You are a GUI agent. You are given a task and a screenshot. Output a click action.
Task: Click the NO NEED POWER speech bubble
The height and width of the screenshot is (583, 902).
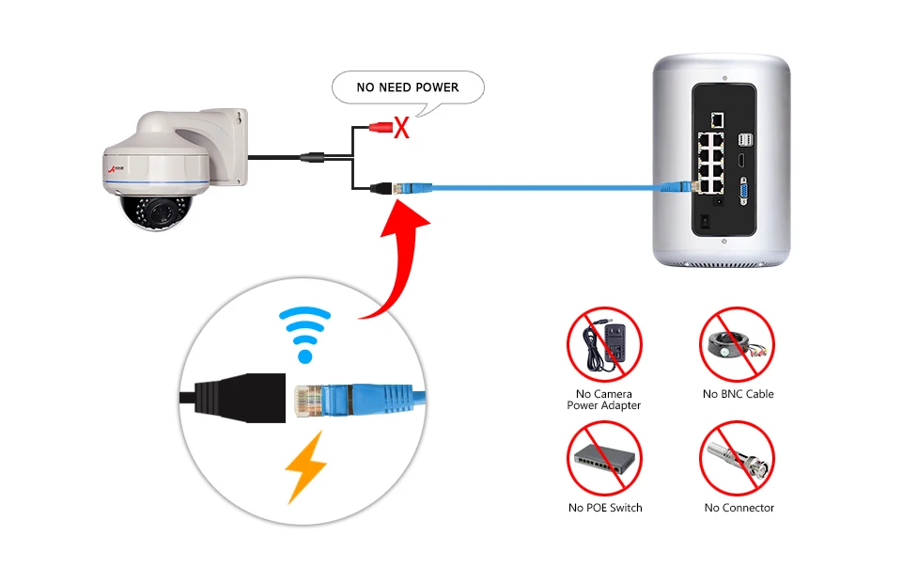[408, 88]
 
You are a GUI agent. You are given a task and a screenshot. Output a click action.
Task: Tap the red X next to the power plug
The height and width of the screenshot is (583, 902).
[401, 128]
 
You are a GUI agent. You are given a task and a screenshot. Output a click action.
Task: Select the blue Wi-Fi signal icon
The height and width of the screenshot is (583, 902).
[304, 335]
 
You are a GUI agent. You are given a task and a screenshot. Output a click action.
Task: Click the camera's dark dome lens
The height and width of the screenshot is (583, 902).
[155, 212]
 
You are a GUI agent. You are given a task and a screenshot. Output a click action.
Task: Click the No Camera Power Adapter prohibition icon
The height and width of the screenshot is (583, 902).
[604, 344]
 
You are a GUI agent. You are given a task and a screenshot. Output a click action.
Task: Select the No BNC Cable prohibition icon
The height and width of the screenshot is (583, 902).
[737, 344]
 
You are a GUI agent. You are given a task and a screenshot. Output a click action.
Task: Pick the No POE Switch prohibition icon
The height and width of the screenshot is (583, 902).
[604, 458]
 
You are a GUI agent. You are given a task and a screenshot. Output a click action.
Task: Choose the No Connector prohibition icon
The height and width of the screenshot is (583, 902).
[737, 458]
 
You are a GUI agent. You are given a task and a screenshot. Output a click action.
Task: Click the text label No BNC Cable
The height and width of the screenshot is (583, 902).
[739, 394]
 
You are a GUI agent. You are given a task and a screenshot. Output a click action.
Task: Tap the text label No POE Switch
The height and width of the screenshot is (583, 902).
[605, 508]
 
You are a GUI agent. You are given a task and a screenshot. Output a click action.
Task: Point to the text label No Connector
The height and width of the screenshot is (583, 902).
[739, 508]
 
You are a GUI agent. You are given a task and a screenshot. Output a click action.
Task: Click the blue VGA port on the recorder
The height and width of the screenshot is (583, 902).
[743, 192]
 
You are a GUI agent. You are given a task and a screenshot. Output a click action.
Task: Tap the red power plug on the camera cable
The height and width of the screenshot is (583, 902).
[381, 127]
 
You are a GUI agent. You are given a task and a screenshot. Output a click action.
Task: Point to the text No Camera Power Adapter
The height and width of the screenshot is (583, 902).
[604, 400]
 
